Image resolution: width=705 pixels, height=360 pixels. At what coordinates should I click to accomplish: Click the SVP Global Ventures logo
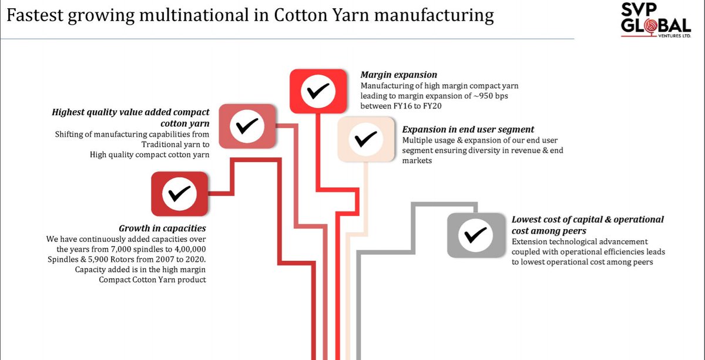coord(657,24)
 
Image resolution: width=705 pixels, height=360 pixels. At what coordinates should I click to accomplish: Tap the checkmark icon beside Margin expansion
coord(318,91)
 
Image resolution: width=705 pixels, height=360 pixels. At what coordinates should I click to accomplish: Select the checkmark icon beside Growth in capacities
coord(179,193)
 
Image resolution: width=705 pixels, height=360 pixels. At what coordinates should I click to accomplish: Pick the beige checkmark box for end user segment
coord(365,139)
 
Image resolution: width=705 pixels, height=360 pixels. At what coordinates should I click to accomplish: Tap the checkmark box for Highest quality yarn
coord(247,126)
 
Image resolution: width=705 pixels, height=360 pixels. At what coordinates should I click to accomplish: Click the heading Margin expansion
coord(398,75)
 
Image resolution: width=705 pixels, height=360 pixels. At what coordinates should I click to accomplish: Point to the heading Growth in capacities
coord(162,228)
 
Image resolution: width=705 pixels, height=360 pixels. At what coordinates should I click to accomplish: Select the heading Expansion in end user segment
coord(468,129)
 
